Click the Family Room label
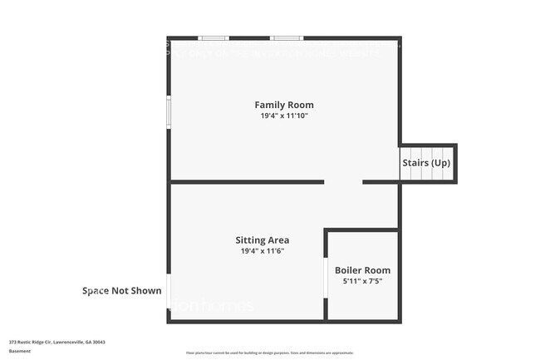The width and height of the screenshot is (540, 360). coord(283,105)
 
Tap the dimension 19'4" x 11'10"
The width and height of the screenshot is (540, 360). coord(283,116)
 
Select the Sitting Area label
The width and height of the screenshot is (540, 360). coord(262,239)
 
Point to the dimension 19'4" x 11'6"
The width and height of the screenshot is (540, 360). coord(262,251)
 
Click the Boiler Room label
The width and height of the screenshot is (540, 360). coord(362,270)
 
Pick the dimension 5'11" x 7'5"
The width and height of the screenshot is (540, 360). coord(362,281)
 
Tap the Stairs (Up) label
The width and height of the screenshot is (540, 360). coord(426,163)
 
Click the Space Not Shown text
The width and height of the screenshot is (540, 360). coord(121,291)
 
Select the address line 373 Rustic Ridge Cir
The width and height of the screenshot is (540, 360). coord(57,342)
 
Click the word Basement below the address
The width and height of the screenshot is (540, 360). coord(20,351)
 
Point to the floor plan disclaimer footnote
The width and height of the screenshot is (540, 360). coord(270,353)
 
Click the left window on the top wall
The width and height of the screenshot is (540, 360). coord(214,37)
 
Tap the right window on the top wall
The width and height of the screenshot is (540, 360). coord(286,37)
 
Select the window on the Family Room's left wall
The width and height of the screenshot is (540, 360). coord(169,112)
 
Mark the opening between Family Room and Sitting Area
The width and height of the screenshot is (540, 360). coord(343,181)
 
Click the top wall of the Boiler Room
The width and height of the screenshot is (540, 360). coord(361,230)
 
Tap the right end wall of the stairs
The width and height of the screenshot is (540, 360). coord(455,163)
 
